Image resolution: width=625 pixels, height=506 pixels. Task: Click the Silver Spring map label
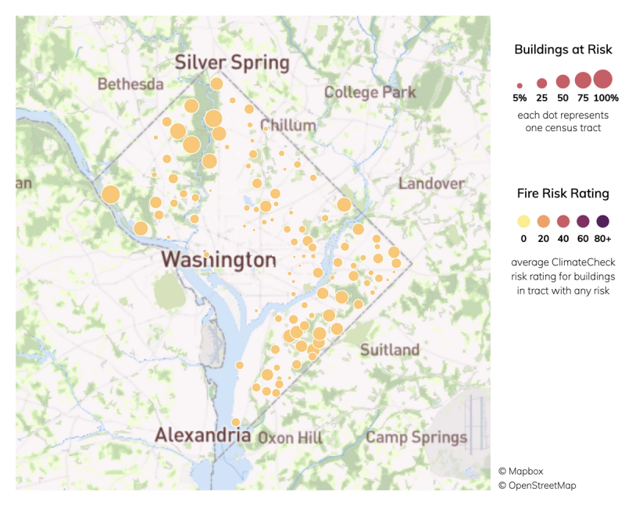(x=231, y=63)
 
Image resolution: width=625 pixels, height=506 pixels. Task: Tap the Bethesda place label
(x=130, y=84)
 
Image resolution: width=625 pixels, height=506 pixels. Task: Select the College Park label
(x=370, y=92)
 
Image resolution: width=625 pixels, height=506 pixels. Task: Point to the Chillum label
(x=289, y=125)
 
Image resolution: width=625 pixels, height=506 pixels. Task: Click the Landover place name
(x=431, y=184)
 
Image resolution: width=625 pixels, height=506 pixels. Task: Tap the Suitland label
(x=389, y=350)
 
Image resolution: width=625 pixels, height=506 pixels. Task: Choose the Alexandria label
(x=202, y=435)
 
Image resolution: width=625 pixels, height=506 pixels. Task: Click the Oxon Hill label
(x=290, y=437)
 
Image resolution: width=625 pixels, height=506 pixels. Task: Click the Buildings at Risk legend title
(x=562, y=50)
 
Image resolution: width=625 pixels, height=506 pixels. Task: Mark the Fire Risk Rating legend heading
(x=562, y=193)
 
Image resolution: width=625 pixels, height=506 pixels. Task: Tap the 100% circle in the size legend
(x=602, y=79)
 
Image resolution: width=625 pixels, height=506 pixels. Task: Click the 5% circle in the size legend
(x=520, y=84)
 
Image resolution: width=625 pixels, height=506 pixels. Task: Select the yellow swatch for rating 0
(x=523, y=221)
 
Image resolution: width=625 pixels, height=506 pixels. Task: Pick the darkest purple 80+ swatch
(x=602, y=221)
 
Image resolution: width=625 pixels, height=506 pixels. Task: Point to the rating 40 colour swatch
(x=563, y=221)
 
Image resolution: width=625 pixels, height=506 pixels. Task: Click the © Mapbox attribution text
(x=520, y=471)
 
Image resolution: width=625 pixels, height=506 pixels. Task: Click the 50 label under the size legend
(x=562, y=98)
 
